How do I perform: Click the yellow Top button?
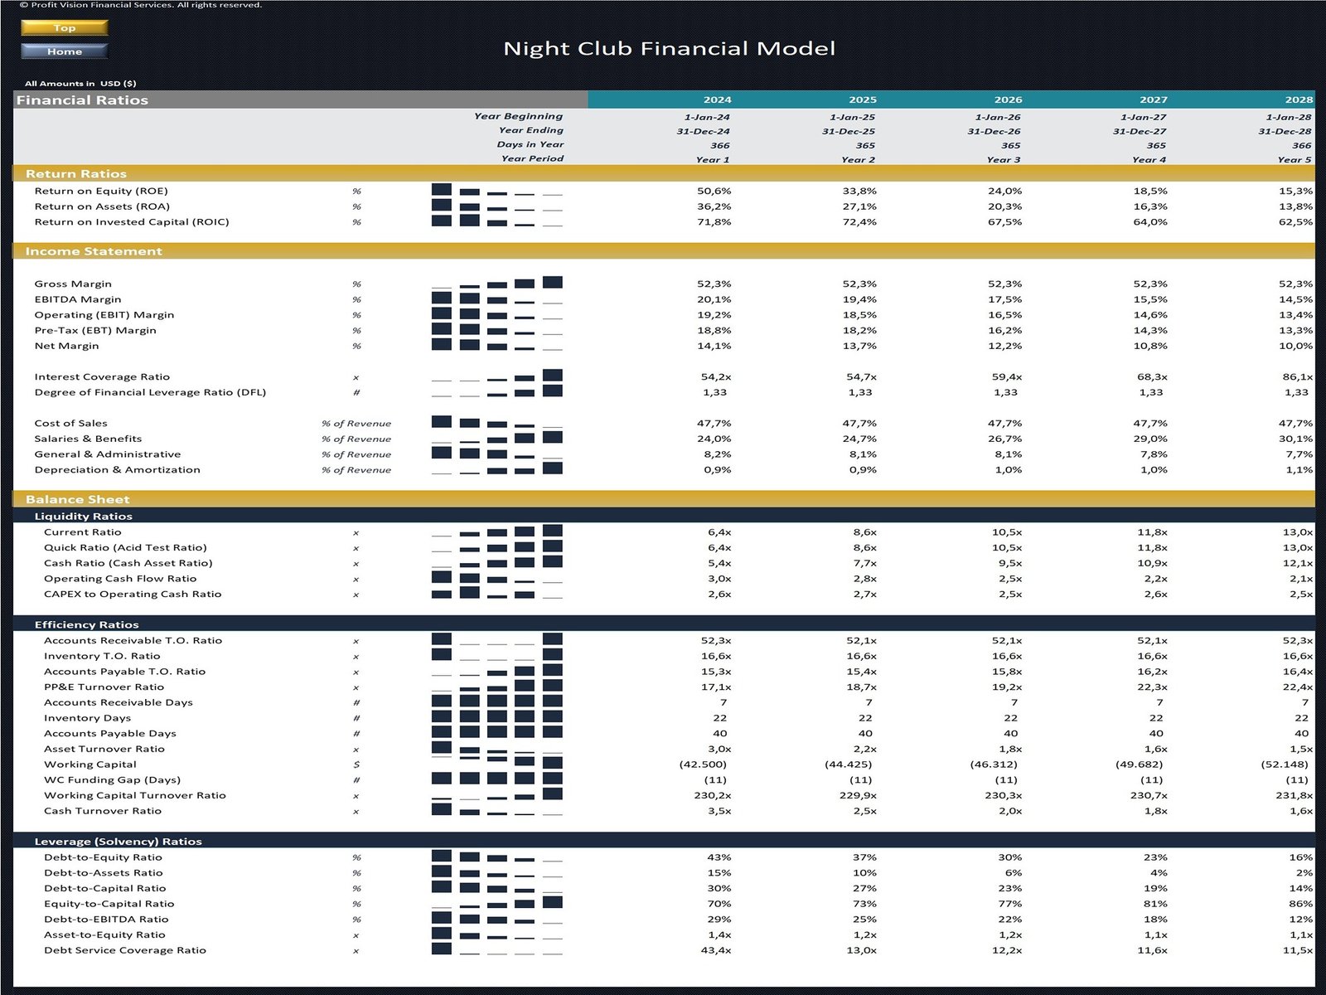65,27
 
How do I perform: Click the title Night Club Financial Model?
669,49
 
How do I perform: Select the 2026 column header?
1008,99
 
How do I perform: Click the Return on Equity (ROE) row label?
100,191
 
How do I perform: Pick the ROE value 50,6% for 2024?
714,191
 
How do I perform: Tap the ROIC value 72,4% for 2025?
859,222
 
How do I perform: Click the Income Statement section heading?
94,251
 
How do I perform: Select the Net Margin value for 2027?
1150,346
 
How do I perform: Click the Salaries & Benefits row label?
88,439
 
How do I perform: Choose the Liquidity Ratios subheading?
83,516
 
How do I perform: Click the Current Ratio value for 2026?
1007,532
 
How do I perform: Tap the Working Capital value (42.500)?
703,764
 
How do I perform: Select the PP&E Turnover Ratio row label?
104,687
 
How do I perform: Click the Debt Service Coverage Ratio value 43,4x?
716,950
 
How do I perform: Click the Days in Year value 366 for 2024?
720,145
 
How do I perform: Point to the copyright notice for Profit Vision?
140,5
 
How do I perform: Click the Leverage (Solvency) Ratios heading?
118,841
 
